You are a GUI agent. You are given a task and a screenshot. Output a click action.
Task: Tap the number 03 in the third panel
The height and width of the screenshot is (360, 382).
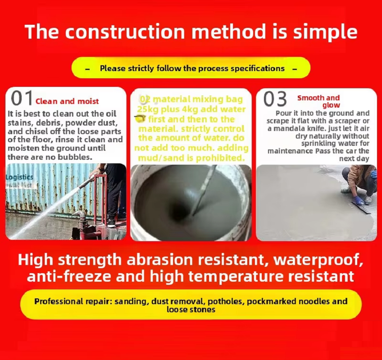pos(275,99)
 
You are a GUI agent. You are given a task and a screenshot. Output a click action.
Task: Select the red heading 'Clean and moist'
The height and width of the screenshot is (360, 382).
pos(67,101)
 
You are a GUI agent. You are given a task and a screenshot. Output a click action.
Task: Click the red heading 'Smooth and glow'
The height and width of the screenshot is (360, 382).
pos(318,101)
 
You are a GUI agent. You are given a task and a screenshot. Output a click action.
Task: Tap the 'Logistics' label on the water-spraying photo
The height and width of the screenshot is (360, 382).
pos(19,177)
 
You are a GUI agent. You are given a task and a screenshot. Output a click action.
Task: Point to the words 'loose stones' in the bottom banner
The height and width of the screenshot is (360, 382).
pos(191,310)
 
